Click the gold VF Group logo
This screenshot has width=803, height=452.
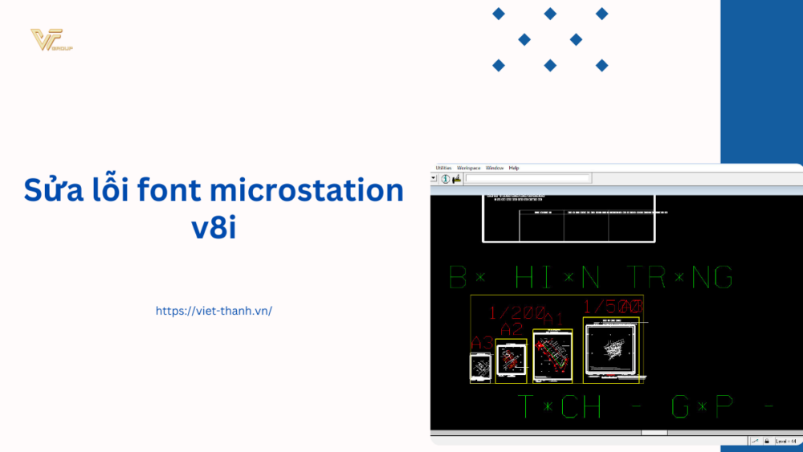[x=51, y=40]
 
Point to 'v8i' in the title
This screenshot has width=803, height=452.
[x=213, y=226]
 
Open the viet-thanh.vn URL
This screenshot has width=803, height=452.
[x=214, y=311]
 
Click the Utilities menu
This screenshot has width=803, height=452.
[x=444, y=168]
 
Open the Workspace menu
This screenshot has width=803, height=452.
[x=468, y=168]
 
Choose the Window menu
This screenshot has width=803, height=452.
[x=495, y=168]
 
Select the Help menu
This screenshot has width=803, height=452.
[x=514, y=168]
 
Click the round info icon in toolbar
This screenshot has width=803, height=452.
[x=445, y=178]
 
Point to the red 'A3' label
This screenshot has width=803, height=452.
[x=482, y=343]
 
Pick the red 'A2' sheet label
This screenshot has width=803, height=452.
[x=512, y=329]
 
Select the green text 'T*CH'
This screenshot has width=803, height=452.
[x=560, y=407]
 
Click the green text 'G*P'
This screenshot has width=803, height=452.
[x=702, y=407]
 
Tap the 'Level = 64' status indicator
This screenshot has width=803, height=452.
[x=786, y=441]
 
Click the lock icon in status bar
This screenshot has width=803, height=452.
[x=767, y=441]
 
